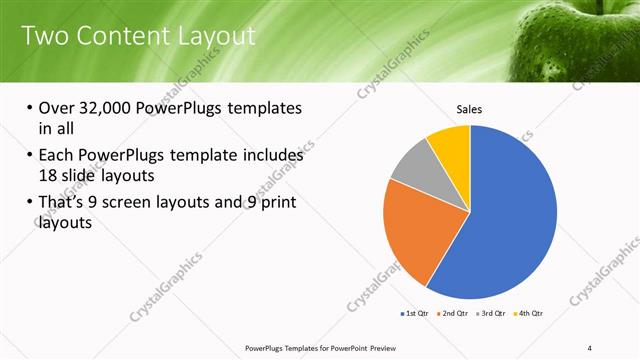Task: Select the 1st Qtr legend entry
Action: coord(415,314)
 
